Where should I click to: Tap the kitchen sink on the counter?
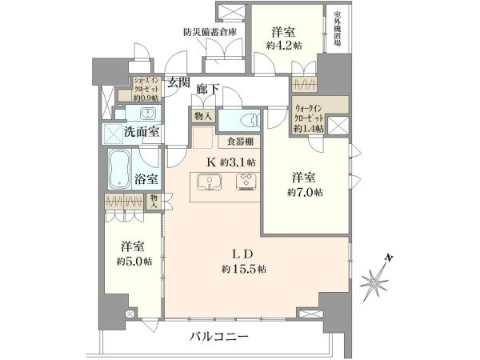point(210,183)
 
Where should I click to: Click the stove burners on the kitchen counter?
point(245,183)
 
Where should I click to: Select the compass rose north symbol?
point(377,281)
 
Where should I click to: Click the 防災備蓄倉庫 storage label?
point(210,33)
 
